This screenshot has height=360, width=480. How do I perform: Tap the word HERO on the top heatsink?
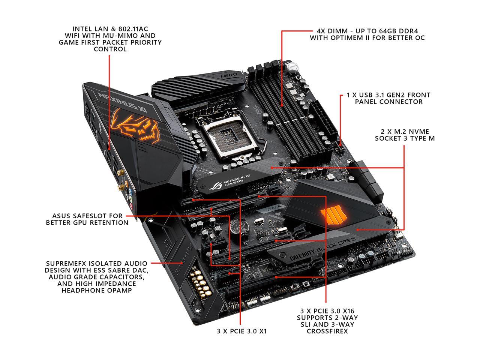pyautogui.click(x=228, y=75)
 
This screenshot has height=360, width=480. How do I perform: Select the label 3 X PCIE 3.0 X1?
pyautogui.click(x=242, y=331)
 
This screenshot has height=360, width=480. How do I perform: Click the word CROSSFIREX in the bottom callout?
pyautogui.click(x=325, y=331)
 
